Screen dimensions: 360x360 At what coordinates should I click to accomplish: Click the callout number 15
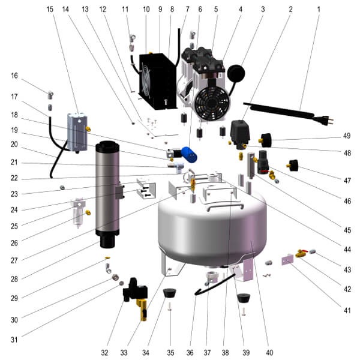(50, 10)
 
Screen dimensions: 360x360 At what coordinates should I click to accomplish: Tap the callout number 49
(346, 136)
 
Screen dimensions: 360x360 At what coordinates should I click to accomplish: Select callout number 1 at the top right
(319, 10)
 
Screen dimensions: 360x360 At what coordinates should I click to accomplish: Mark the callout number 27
(16, 260)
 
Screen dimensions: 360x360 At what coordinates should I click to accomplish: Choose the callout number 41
(346, 310)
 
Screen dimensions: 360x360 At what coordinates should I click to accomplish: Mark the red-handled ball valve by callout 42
(301, 254)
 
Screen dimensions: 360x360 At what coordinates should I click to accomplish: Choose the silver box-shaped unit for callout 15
(77, 130)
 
